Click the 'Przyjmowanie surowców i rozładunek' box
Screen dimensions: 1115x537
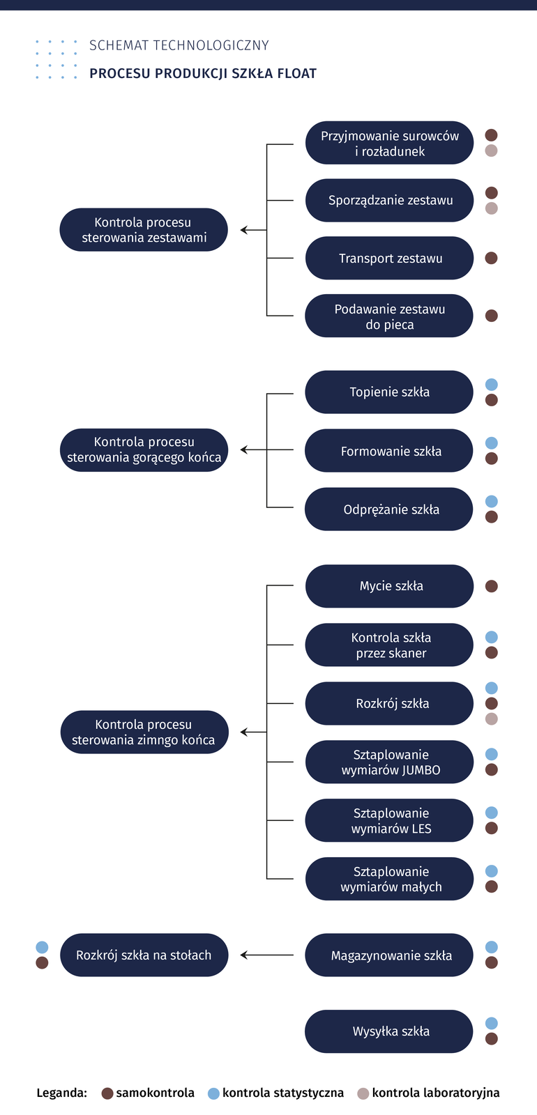pos(389,144)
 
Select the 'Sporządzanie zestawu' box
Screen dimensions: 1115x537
pos(389,201)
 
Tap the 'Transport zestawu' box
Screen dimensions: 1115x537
pos(389,259)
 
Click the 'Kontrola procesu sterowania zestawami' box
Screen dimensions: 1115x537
pos(144,230)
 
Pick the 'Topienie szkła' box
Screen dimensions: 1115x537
pos(389,392)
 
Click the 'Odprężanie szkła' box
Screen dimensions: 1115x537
pos(389,509)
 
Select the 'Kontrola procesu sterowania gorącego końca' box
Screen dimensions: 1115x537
pos(144,450)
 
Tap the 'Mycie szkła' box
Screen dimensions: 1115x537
pos(389,586)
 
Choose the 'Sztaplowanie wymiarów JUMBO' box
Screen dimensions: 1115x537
pos(389,762)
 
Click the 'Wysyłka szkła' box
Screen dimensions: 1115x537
pos(389,1031)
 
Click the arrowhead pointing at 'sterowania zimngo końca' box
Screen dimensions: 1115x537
pos(244,732)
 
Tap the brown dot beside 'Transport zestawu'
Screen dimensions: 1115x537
pos(491,258)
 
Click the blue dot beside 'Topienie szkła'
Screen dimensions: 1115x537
pos(491,385)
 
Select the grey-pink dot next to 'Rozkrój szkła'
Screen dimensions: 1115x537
pos(491,719)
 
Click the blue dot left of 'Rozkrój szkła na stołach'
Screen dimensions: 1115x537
pos(42,947)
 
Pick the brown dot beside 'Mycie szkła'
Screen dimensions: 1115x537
pos(491,586)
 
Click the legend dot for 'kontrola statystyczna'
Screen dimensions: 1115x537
pos(213,1093)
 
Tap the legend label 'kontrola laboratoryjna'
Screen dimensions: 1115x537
pos(435,1093)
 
